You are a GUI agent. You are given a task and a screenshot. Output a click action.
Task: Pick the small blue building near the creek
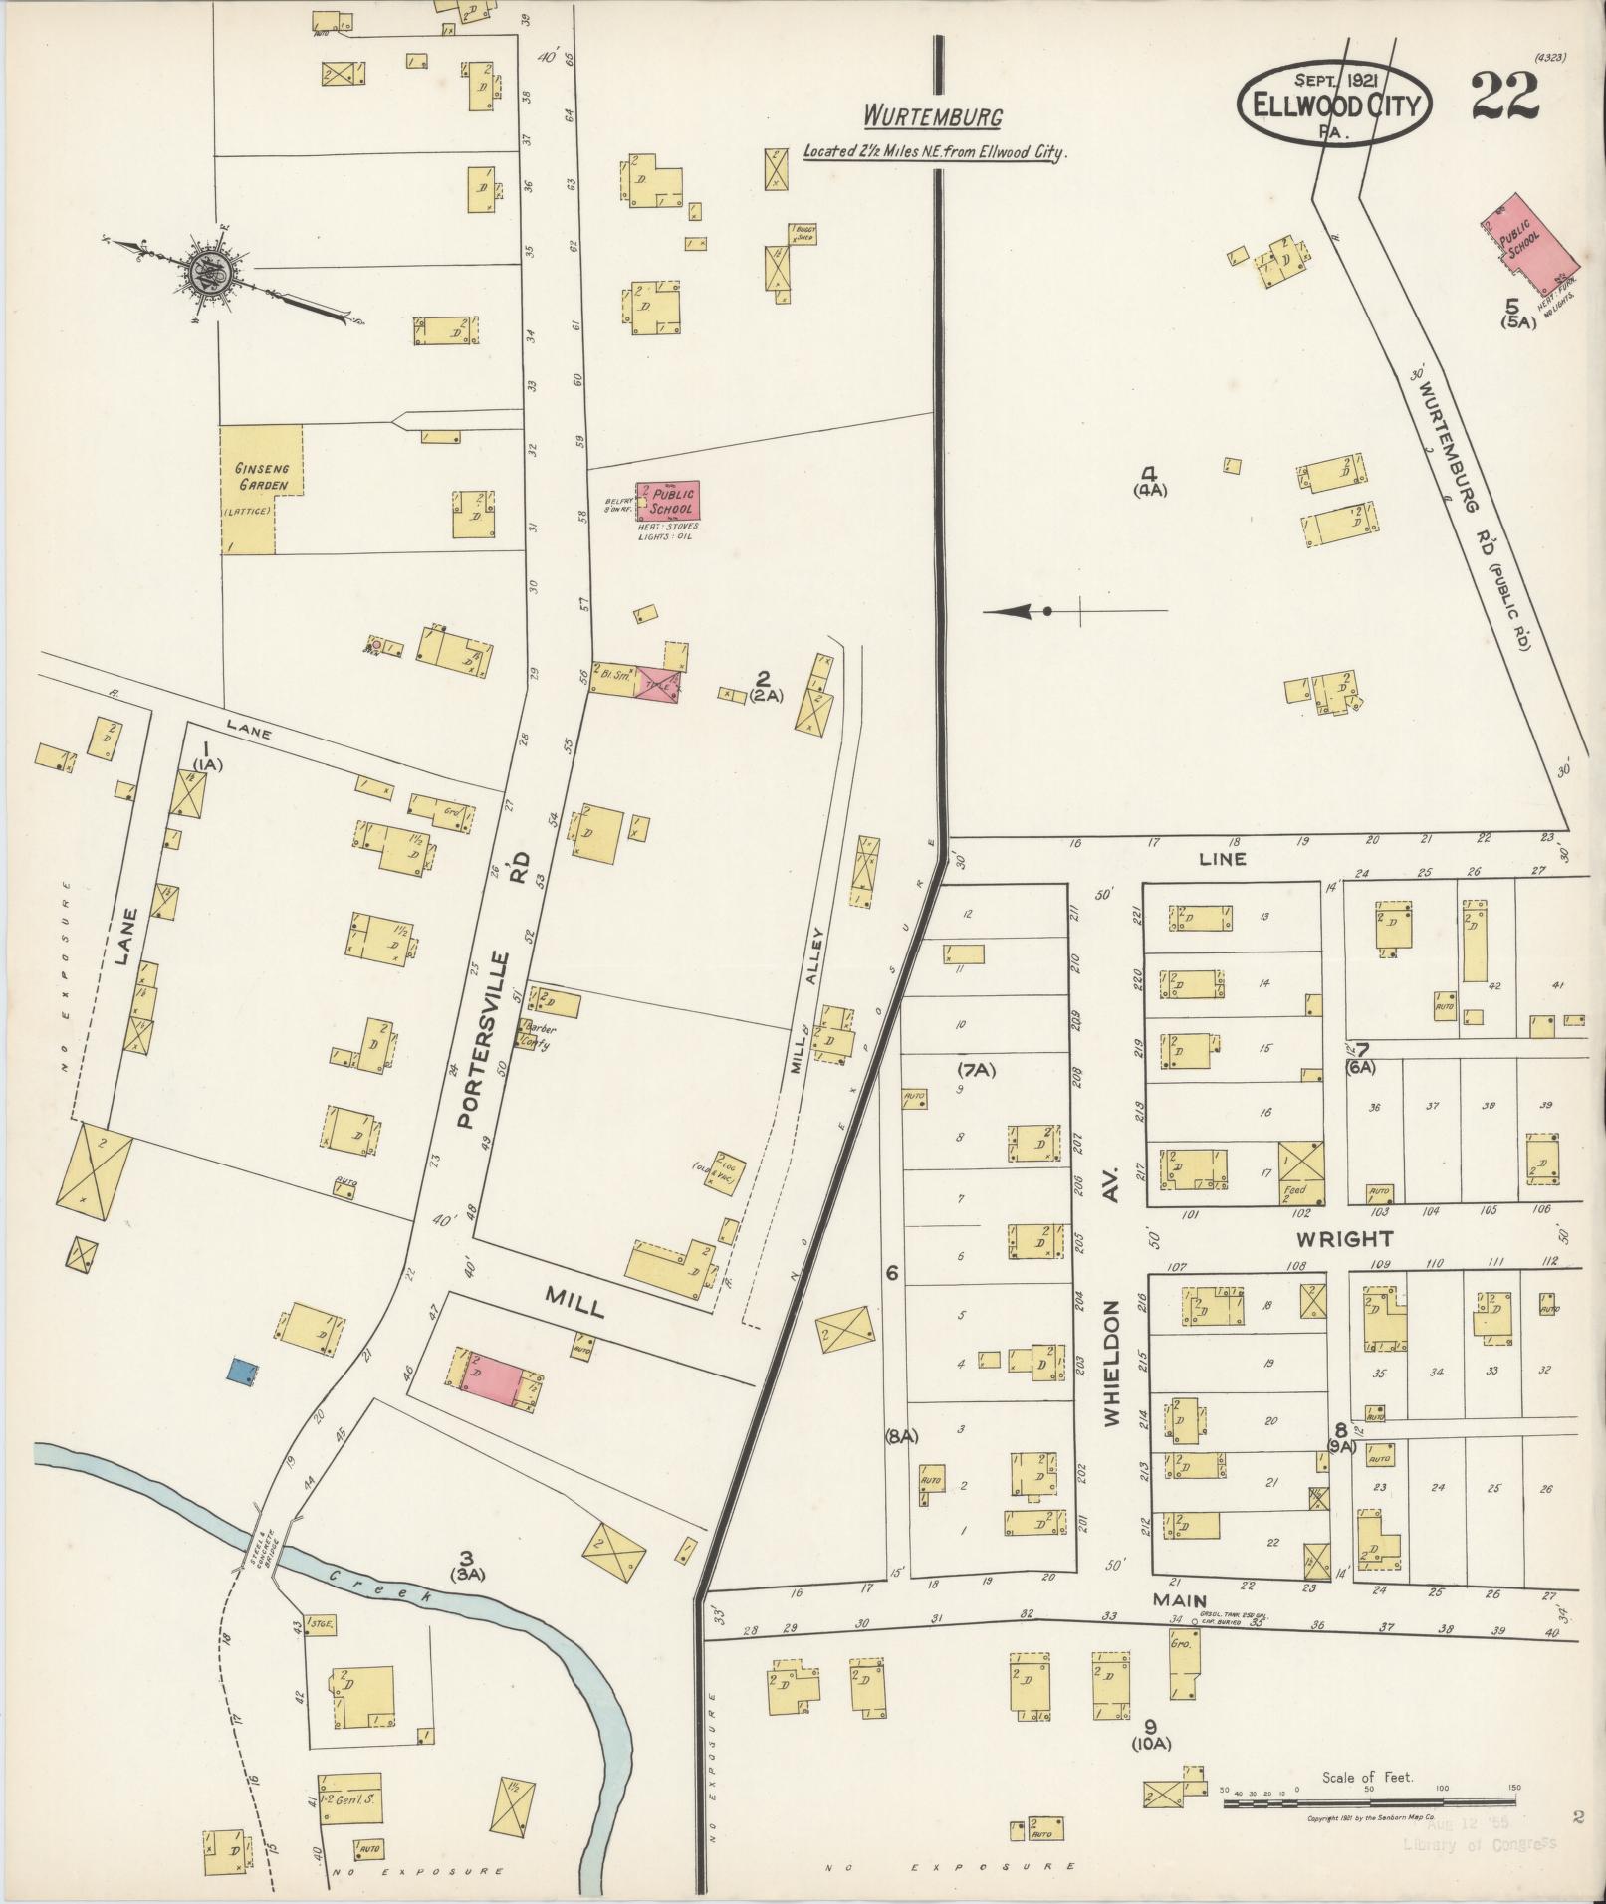click(x=239, y=1372)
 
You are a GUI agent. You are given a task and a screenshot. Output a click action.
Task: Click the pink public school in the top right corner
click(x=1521, y=235)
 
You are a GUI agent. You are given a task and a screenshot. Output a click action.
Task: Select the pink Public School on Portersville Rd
click(x=669, y=499)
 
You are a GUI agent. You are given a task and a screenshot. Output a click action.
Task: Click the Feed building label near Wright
click(x=1295, y=1188)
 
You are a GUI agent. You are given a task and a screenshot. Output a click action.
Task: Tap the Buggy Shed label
click(x=803, y=234)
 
